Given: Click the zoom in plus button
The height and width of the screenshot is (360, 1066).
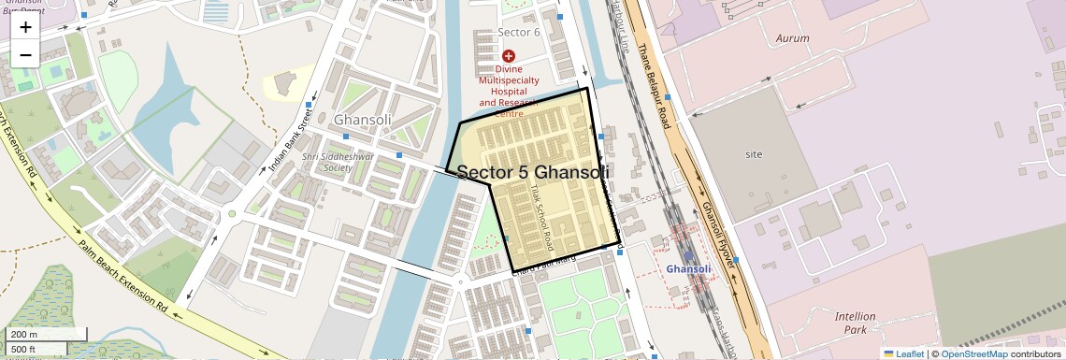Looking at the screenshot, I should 25,27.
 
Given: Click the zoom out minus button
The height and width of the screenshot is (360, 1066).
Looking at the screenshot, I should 25,54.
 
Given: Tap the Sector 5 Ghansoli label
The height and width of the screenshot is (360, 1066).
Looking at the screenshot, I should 533,173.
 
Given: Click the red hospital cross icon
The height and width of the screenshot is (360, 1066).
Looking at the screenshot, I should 509,57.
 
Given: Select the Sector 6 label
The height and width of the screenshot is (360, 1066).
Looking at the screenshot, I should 519,32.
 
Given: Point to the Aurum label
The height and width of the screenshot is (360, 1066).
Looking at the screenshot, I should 793,38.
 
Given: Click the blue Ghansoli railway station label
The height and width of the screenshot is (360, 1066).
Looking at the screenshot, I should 689,269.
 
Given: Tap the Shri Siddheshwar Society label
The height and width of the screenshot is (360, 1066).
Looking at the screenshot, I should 338,163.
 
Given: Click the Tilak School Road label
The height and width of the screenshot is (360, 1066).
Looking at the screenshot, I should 540,221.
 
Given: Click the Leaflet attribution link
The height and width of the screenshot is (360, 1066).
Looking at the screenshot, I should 903,353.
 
